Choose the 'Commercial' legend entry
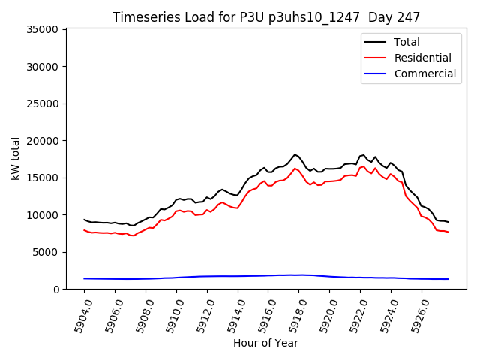click(424, 73)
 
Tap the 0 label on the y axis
click(56, 289)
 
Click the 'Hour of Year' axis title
click(265, 343)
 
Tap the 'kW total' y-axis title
click(15, 159)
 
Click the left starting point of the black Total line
click(84, 220)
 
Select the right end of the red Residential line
click(448, 232)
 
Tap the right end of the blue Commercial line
click(448, 279)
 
